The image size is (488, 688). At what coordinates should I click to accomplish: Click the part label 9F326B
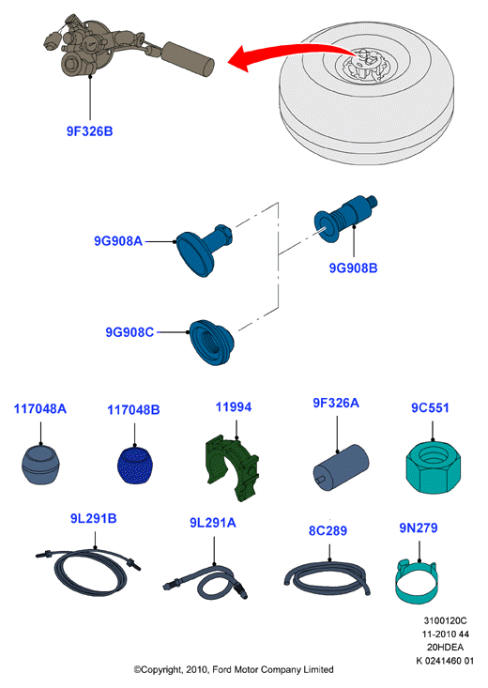tap(89, 131)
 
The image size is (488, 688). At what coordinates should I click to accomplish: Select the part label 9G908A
tap(118, 241)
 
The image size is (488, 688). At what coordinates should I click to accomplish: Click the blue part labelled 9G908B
tap(345, 218)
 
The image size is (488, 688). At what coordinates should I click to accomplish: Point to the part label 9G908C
tap(130, 332)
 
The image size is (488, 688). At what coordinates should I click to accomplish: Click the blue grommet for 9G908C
tap(211, 343)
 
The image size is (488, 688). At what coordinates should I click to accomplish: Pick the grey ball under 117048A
tap(40, 465)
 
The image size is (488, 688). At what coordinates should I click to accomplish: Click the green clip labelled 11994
tap(232, 467)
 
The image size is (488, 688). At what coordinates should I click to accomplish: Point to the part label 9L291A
tap(213, 523)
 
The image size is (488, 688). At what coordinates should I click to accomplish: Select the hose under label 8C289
tap(327, 578)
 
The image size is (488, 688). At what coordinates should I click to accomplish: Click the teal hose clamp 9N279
tap(418, 581)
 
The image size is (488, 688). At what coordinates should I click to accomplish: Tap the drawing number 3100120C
tap(445, 620)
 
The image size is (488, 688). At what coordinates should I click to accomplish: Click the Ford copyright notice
tap(234, 669)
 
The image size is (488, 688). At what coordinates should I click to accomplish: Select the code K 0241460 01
tap(445, 661)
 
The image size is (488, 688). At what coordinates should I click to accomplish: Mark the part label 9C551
tap(430, 407)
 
